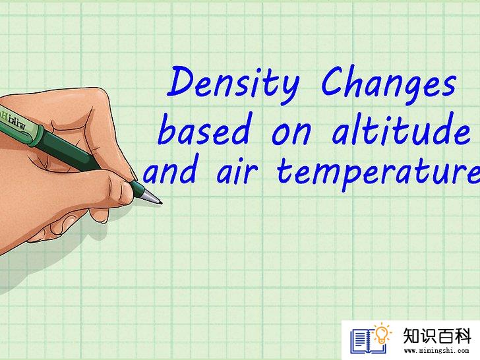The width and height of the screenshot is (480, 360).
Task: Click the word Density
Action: [x=233, y=85]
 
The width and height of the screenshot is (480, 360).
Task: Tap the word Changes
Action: [x=389, y=83]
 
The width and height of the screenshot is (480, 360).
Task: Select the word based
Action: [x=204, y=129]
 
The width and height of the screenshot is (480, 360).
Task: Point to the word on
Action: [x=291, y=134]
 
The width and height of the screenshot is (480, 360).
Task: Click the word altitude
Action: [x=401, y=129]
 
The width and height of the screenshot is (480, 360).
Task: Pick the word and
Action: [x=171, y=169]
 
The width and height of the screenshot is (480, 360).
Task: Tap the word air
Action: [x=237, y=171]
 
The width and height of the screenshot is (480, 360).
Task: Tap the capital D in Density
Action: [x=183, y=81]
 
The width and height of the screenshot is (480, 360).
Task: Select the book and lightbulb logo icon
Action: [x=371, y=339]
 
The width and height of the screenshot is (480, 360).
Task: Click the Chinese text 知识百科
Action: [x=436, y=336]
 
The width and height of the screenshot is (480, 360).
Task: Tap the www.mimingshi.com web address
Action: [x=436, y=351]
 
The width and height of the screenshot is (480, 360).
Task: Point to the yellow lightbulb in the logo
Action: [x=382, y=334]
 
